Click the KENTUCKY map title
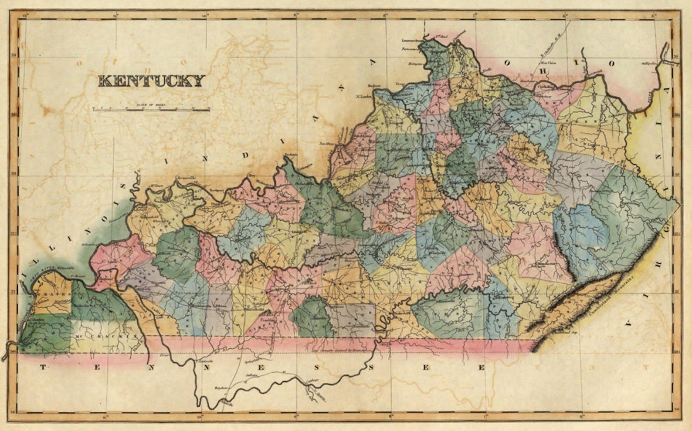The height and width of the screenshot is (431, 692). [151, 81]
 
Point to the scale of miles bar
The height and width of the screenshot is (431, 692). [151, 109]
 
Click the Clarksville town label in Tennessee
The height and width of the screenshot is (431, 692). [206, 361]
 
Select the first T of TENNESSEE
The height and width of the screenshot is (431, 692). [43, 367]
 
